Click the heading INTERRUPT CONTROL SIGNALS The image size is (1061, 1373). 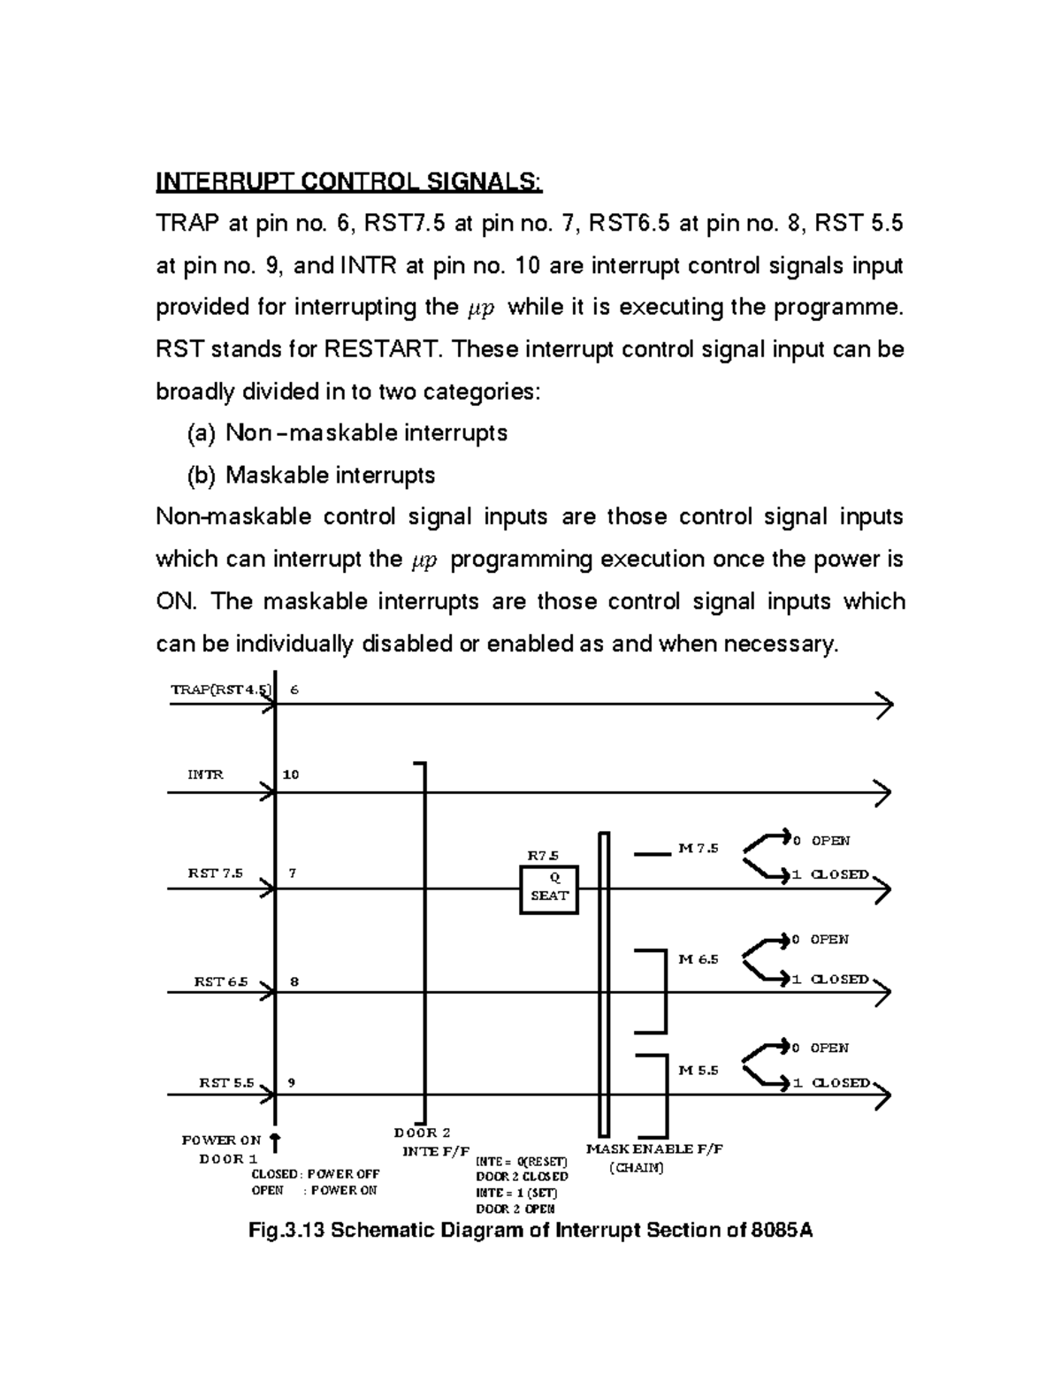(349, 182)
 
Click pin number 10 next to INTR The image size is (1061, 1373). (291, 774)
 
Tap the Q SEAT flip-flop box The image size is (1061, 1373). (549, 888)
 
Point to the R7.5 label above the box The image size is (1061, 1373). (543, 855)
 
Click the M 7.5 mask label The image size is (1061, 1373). (698, 849)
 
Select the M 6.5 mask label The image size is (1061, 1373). (698, 959)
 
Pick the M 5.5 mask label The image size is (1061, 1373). (698, 1070)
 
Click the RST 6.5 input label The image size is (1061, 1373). (221, 982)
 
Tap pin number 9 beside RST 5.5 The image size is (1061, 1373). (292, 1082)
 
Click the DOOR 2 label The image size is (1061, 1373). (422, 1133)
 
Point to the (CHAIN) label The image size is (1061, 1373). (637, 1167)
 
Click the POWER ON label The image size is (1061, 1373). (221, 1140)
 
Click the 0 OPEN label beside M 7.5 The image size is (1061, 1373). (821, 841)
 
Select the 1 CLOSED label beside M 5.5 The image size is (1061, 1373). (831, 1082)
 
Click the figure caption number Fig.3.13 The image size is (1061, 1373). (289, 1230)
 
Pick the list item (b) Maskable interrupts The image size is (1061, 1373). (311, 476)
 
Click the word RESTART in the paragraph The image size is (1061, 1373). (381, 350)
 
